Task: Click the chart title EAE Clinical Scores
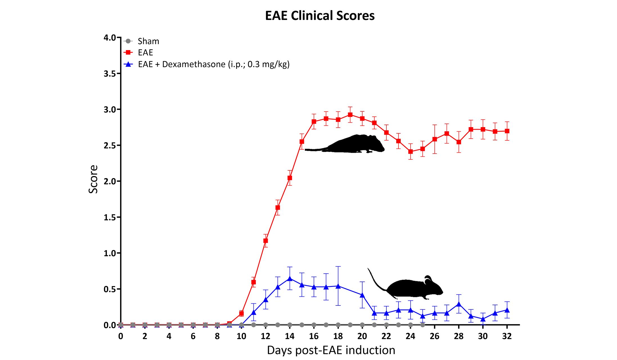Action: [x=320, y=16]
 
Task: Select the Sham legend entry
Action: [x=148, y=41]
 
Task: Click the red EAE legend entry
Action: [x=145, y=53]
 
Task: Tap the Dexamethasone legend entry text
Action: [x=214, y=64]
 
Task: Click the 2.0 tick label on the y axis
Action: [x=110, y=181]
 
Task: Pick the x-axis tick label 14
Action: [x=290, y=336]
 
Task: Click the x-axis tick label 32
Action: [x=507, y=336]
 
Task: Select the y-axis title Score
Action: [x=93, y=179]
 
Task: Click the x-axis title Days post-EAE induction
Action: [x=331, y=350]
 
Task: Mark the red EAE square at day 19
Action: [x=350, y=115]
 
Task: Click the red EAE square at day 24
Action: [x=411, y=152]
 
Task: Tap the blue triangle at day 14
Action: [x=290, y=278]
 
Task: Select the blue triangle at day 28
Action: [x=459, y=304]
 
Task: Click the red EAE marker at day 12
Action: [x=265, y=241]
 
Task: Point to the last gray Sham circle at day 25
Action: [x=422, y=325]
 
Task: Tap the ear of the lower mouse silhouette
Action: [x=428, y=278]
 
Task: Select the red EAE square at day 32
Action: [x=507, y=131]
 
